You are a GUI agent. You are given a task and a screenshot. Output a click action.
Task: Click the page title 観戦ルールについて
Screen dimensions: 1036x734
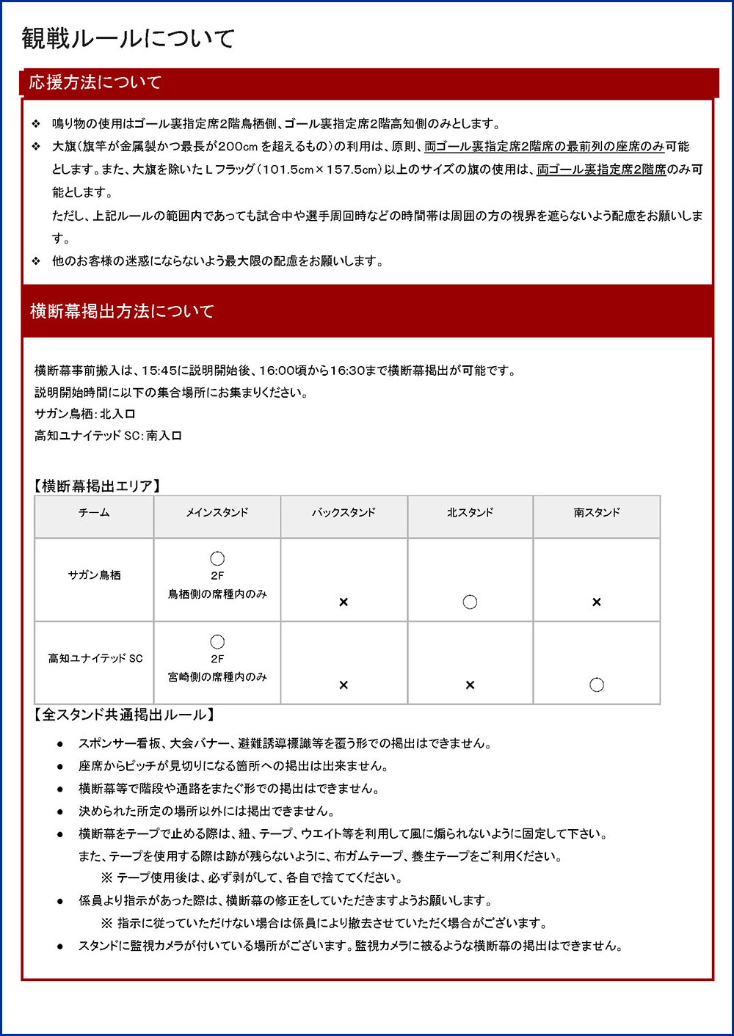click(128, 38)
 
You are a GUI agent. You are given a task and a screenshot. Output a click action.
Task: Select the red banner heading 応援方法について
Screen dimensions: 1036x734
click(95, 82)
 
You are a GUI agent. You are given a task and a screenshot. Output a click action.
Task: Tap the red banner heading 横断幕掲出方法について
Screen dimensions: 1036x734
click(122, 311)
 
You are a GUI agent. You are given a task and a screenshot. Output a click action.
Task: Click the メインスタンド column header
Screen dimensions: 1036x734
click(217, 512)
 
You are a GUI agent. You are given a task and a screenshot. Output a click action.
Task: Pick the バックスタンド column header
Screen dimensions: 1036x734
click(344, 512)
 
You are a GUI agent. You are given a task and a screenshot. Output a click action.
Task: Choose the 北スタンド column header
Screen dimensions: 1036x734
click(470, 512)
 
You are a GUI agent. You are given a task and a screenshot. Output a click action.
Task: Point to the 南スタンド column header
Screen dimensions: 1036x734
click(597, 512)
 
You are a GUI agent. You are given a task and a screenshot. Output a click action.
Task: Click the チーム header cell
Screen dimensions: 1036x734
click(94, 512)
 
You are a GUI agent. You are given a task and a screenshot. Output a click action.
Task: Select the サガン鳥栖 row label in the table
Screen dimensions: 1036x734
click(94, 575)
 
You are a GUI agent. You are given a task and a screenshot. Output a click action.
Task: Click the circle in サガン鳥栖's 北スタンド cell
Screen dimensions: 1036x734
click(470, 602)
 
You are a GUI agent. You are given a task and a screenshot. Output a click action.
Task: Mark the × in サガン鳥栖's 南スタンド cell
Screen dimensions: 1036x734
click(597, 602)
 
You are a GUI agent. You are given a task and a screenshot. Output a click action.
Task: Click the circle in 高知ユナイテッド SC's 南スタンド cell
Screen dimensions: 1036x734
click(597, 685)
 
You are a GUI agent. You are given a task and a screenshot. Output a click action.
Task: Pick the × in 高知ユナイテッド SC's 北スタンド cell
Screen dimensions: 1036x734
click(470, 685)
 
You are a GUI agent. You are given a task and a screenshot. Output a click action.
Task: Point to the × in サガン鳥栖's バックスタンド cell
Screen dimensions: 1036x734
click(344, 602)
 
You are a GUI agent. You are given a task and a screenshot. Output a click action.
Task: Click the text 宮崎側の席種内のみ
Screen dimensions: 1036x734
click(217, 676)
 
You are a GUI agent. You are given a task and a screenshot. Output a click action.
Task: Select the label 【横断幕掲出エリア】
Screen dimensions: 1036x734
click(98, 486)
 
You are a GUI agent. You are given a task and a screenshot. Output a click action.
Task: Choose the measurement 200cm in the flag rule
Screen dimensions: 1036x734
click(237, 147)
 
